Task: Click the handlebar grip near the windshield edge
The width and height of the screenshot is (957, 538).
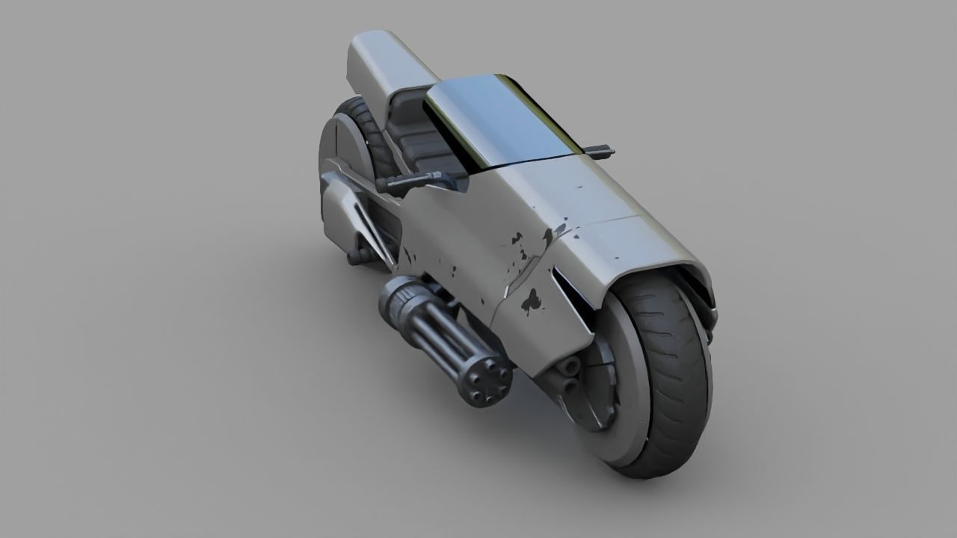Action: click(597, 152)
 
